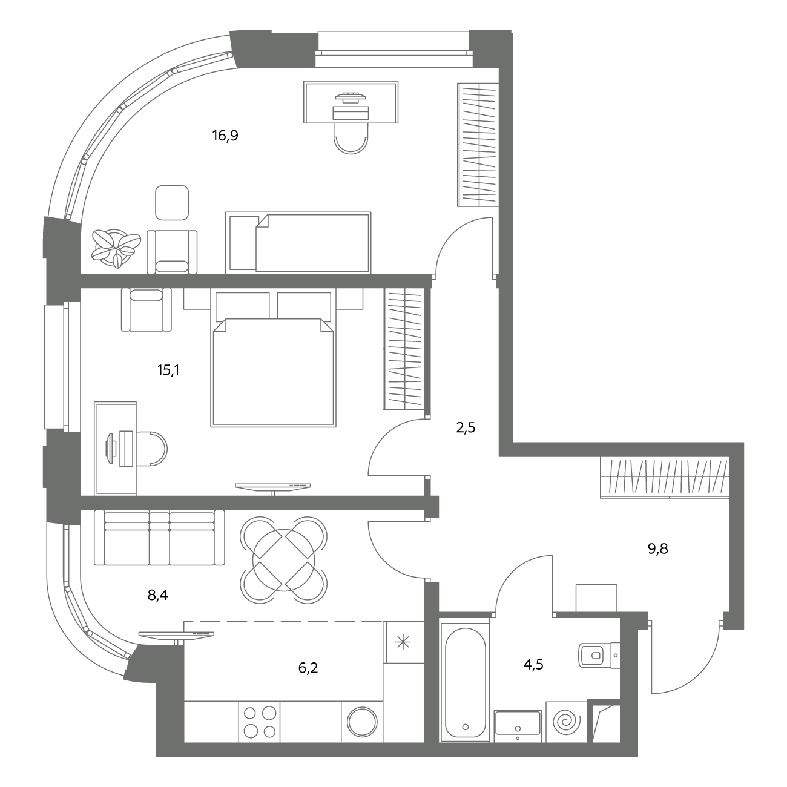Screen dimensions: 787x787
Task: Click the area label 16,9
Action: tap(225, 135)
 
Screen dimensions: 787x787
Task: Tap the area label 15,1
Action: tap(168, 370)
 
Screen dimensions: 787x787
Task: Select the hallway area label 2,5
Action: tap(466, 428)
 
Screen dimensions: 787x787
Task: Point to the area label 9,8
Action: tap(658, 549)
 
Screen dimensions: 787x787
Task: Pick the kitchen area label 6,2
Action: tap(308, 668)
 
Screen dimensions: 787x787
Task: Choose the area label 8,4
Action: tap(157, 596)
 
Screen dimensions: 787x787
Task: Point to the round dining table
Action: tap(283, 559)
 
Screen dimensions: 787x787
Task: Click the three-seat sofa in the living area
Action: tap(159, 538)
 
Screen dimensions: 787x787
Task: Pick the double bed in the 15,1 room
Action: tap(273, 358)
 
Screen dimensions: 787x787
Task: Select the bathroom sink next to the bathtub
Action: tap(518, 726)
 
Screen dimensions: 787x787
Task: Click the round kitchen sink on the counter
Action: tap(362, 722)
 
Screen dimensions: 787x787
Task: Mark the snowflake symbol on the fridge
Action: tap(403, 643)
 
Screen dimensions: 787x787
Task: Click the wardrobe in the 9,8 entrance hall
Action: tap(665, 478)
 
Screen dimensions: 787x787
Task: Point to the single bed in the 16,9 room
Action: tap(298, 242)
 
